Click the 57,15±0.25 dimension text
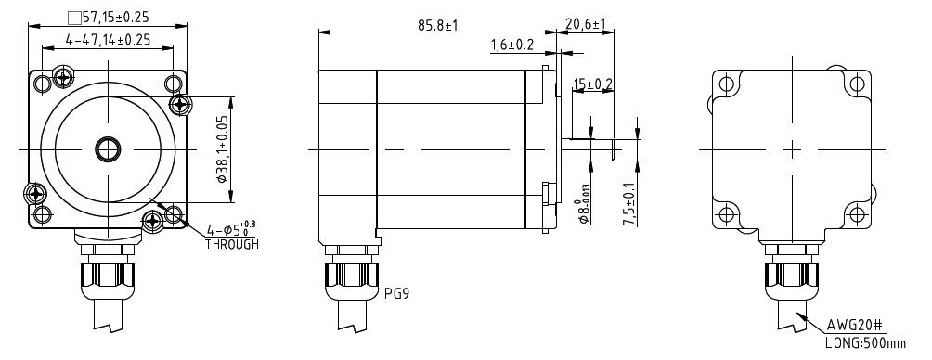click(x=115, y=18)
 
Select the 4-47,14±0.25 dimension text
click(x=108, y=40)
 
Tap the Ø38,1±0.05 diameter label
click(x=222, y=148)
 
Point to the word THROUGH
click(x=232, y=244)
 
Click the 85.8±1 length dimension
click(x=437, y=25)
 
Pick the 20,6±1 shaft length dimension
click(x=585, y=24)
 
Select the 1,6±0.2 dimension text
click(x=512, y=45)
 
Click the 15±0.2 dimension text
click(x=592, y=84)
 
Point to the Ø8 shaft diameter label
click(x=585, y=205)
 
